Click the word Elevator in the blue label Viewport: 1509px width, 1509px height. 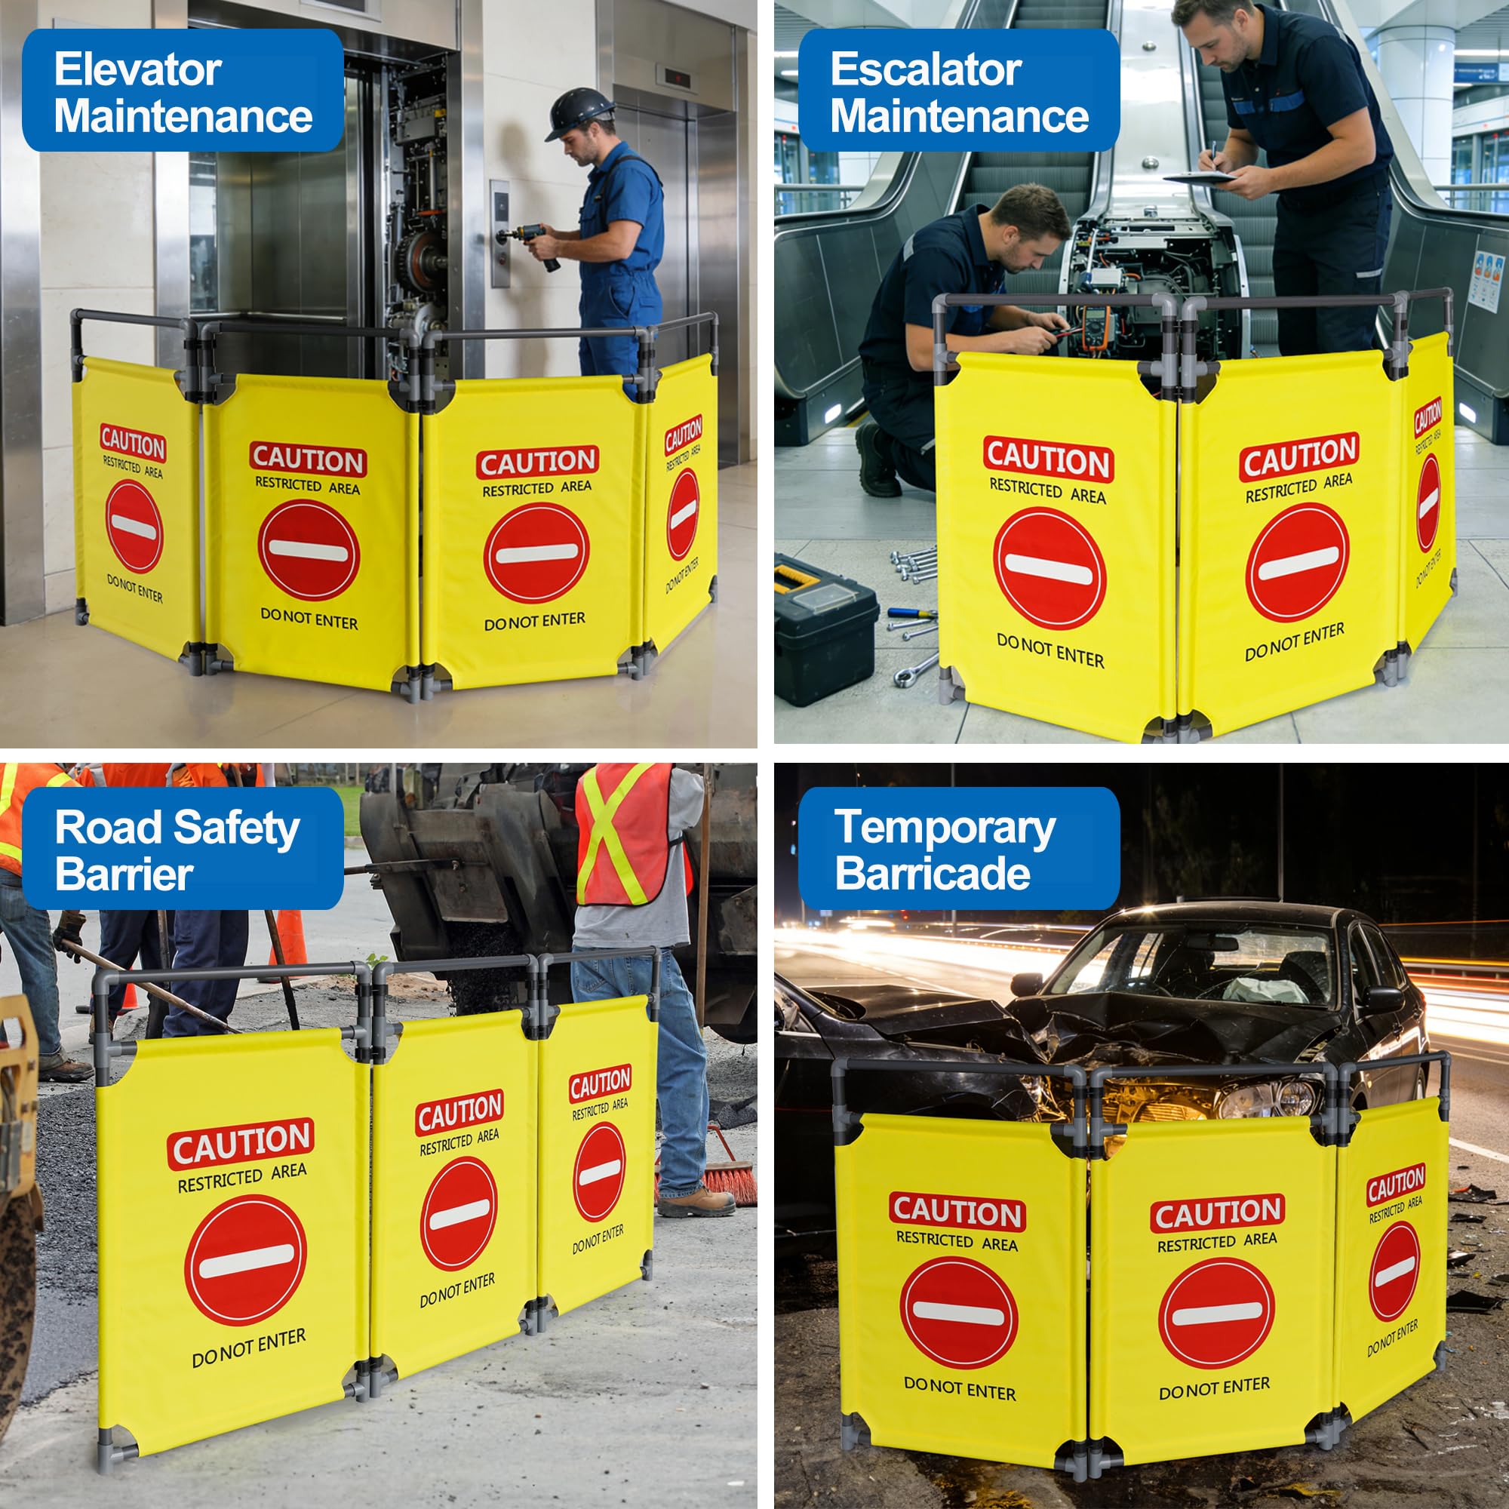click(137, 69)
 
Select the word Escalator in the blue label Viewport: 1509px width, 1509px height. click(926, 69)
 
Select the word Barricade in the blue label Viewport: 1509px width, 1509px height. click(933, 872)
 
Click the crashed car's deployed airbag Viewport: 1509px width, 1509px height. click(1265, 991)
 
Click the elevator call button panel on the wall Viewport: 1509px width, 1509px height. click(500, 232)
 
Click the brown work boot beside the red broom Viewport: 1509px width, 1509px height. click(695, 1202)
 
